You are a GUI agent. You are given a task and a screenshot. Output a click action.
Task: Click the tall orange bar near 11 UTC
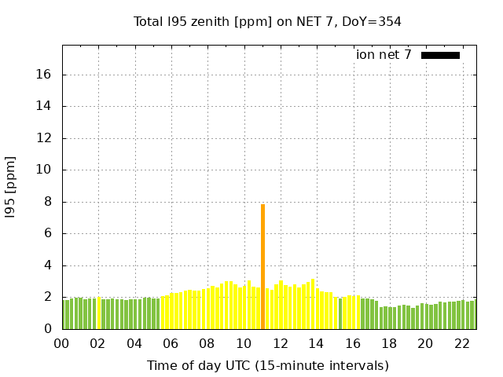(263, 267)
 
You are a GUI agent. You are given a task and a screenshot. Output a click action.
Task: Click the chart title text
(267, 22)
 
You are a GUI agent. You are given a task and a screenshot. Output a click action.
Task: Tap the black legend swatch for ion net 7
(440, 55)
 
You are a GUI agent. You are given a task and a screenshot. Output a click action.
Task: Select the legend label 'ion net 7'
(384, 55)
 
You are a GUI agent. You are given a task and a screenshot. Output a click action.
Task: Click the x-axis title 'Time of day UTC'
(267, 365)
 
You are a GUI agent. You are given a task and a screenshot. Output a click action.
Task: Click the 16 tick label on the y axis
(45, 75)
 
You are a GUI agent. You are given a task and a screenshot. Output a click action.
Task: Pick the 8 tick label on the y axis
(48, 202)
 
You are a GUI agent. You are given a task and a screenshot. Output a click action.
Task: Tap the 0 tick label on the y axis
(48, 329)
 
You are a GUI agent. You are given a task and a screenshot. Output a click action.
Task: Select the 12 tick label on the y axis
(45, 138)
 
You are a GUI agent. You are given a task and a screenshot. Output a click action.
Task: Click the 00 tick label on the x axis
(62, 344)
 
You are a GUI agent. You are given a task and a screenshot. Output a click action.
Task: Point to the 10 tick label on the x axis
(244, 344)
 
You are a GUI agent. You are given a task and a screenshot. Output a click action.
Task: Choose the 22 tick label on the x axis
(461, 344)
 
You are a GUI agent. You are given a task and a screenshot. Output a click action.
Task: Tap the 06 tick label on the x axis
(171, 344)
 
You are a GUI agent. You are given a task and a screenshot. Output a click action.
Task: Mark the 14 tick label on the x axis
(316, 344)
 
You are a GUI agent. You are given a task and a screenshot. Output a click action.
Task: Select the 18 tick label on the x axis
(389, 344)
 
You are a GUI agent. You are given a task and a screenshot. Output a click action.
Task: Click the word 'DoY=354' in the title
(375, 22)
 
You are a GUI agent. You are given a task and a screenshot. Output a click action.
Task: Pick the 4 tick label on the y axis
(48, 265)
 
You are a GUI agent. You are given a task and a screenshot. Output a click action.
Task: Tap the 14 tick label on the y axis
(45, 106)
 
